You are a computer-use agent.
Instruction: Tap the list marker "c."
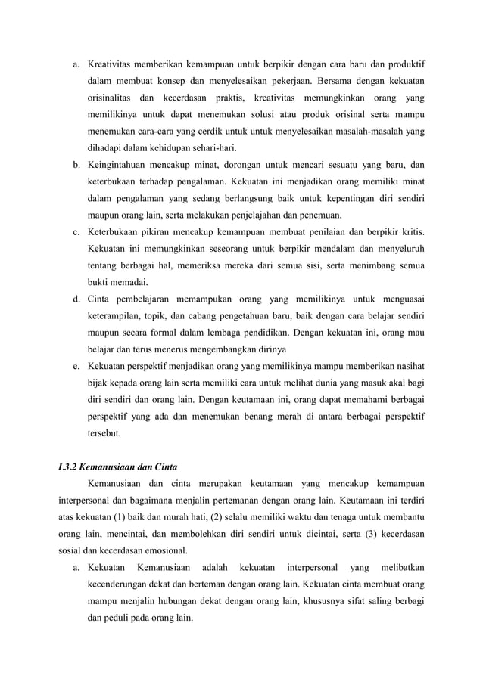point(77,229)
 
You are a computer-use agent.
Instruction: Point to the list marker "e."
point(77,365)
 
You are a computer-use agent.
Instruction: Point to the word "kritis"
point(410,229)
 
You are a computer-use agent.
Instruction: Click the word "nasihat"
point(406,365)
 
